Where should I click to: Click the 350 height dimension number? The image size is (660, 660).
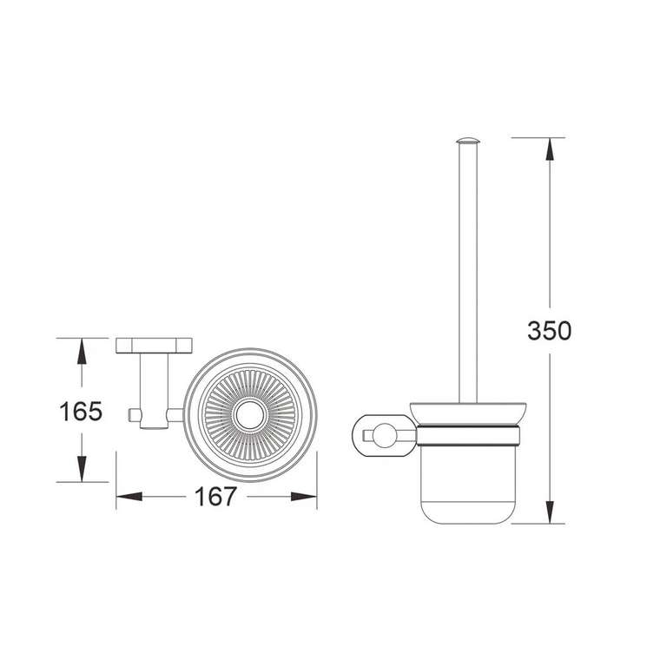point(549,330)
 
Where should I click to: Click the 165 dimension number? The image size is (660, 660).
point(81,412)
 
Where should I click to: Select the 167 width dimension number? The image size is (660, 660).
point(215,496)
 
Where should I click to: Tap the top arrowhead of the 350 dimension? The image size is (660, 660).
point(550,149)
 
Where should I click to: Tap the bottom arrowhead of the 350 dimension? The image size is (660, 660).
point(550,512)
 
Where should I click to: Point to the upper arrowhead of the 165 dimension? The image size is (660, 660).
point(82,351)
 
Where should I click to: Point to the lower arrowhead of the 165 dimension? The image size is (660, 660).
point(82,469)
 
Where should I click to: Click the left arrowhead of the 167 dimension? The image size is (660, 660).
point(129,497)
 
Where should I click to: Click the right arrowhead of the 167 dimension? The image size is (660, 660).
point(303,497)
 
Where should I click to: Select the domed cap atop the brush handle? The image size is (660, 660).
point(467,141)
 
